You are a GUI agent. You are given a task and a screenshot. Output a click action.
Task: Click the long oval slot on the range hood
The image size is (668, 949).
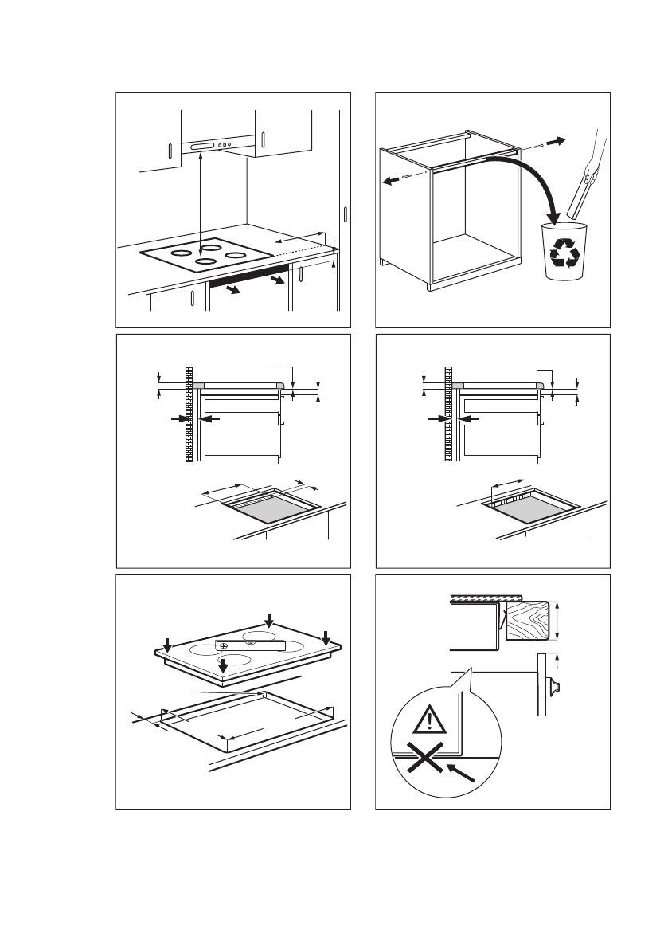pyautogui.click(x=202, y=146)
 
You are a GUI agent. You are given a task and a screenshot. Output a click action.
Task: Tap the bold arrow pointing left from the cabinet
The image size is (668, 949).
pyautogui.click(x=392, y=180)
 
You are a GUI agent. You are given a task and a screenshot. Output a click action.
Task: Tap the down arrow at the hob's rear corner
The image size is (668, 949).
pyautogui.click(x=269, y=619)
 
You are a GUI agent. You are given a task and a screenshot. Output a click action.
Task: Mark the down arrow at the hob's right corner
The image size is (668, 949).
pyautogui.click(x=325, y=637)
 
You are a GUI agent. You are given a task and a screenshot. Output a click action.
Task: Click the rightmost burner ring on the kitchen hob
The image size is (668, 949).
pyautogui.click(x=235, y=255)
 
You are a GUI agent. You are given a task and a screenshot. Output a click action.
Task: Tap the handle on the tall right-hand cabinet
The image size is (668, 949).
pyautogui.click(x=346, y=216)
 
